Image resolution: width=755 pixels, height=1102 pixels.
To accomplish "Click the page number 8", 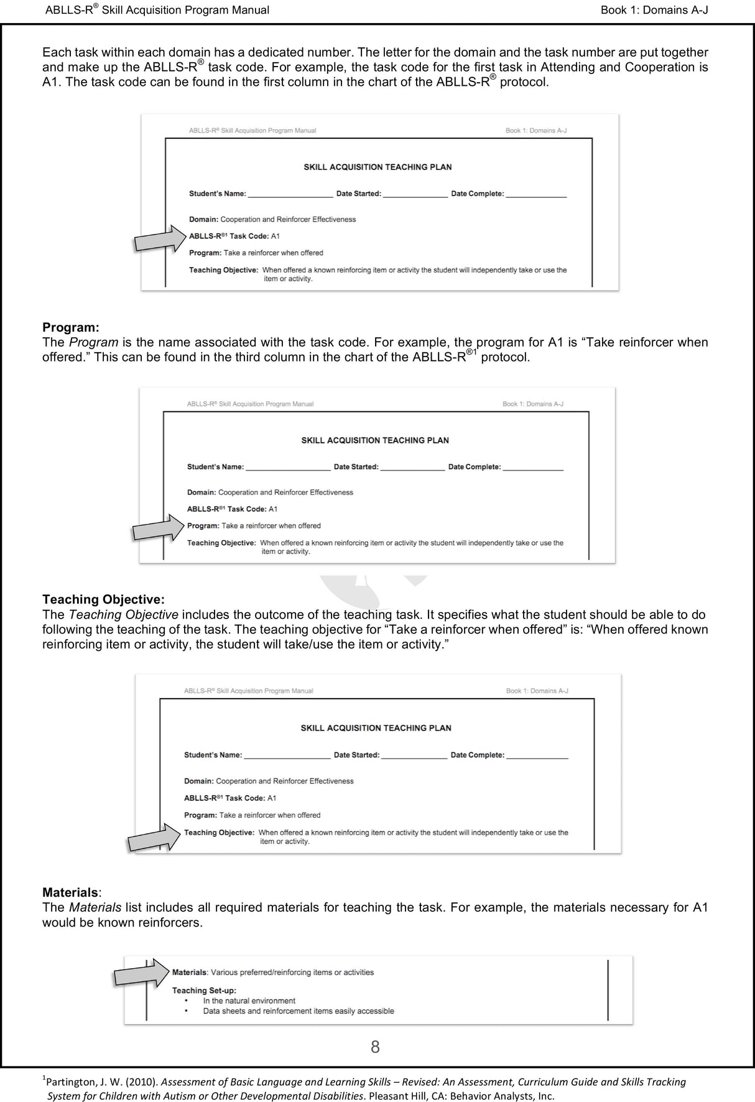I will (375, 1047).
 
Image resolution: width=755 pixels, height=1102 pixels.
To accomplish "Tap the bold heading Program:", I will (70, 327).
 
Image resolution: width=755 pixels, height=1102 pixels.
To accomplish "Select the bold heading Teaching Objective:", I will (103, 599).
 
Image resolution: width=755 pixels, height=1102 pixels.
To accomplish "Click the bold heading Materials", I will (70, 892).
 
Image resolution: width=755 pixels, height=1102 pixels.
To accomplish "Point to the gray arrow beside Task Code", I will (160, 239).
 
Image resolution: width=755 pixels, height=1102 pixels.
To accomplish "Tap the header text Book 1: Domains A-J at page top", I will (654, 10).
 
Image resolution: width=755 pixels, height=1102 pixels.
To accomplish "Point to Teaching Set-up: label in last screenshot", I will (204, 990).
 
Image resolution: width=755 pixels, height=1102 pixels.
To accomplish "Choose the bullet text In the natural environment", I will (249, 1001).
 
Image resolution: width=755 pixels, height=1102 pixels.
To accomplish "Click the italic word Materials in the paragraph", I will (95, 907).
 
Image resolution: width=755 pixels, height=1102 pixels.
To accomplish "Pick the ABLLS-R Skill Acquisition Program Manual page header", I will (157, 10).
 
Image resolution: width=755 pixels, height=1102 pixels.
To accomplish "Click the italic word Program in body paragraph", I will (93, 342).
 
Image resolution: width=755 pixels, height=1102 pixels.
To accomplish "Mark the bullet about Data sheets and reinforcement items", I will (298, 1011).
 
